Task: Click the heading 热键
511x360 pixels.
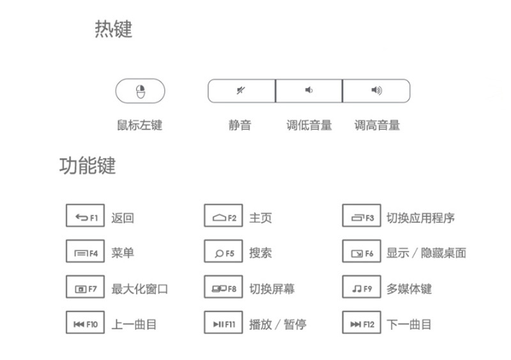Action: [x=114, y=29]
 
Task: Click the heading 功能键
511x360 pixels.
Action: [x=88, y=165]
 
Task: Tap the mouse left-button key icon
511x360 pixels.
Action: [x=141, y=91]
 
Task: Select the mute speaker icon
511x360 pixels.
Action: [x=241, y=90]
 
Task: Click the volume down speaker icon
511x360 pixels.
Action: [x=309, y=90]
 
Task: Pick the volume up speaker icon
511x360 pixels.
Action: [x=377, y=90]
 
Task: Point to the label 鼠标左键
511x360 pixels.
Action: [x=140, y=125]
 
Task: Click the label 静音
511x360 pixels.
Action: [x=240, y=125]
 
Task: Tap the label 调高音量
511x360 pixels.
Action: [x=377, y=125]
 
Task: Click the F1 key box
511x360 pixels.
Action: [x=85, y=215]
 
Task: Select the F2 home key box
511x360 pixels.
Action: [x=223, y=215]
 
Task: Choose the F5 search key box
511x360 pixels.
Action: [x=223, y=251]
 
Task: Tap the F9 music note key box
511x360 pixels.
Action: [x=362, y=287]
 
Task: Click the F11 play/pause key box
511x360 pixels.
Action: [x=223, y=322]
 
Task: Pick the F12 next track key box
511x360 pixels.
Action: [x=362, y=322]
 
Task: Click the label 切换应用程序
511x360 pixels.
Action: [x=420, y=218]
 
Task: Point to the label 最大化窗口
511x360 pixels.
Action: [x=139, y=289]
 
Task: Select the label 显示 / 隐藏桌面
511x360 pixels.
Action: [x=426, y=253]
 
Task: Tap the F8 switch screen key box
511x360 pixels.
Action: [x=223, y=287]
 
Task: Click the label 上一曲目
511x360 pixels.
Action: [x=134, y=324]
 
